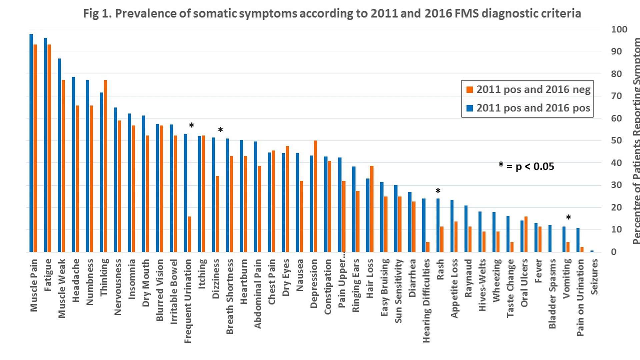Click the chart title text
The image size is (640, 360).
click(x=332, y=14)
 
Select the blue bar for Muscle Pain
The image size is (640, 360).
click(x=31, y=143)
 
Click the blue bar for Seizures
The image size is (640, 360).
click(x=592, y=251)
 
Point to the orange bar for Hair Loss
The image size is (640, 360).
click(x=372, y=209)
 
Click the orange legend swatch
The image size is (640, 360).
click(x=470, y=90)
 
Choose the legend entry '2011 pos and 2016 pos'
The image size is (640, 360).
click(x=533, y=108)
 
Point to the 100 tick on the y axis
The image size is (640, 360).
click(x=619, y=29)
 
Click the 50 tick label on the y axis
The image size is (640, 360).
click(x=616, y=140)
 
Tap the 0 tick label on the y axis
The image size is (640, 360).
click(x=614, y=252)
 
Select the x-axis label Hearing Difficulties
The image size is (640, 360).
click(x=426, y=301)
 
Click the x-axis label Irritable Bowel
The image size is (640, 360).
click(x=174, y=292)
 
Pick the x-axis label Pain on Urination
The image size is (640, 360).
click(x=580, y=297)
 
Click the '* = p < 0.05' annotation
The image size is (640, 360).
click(x=526, y=166)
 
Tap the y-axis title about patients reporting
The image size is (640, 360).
click(x=636, y=140)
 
